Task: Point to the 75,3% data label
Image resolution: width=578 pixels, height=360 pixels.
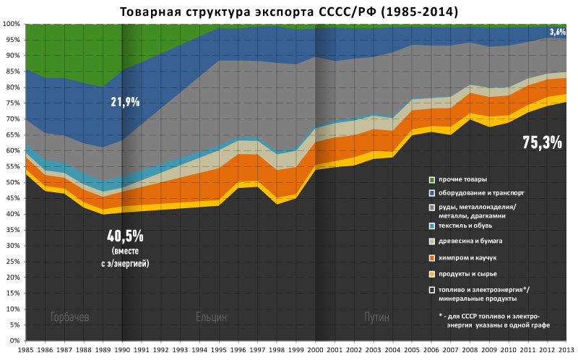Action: tap(542, 142)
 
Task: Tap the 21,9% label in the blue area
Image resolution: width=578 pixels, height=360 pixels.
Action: tap(125, 103)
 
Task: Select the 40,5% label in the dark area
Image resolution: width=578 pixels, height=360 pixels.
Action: tap(125, 236)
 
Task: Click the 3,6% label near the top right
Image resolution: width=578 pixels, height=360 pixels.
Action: tap(557, 32)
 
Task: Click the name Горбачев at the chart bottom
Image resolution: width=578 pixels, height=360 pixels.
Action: tap(71, 317)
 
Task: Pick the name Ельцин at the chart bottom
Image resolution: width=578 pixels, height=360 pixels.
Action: tap(212, 317)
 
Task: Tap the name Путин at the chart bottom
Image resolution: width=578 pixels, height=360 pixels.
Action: tap(376, 317)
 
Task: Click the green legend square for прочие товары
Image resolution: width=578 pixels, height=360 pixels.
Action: tap(431, 179)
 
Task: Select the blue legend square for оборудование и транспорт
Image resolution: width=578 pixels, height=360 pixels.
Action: tap(431, 194)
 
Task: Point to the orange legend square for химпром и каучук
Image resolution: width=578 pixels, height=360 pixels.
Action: tap(431, 257)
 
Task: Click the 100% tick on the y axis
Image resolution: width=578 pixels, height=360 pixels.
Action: tap(10, 24)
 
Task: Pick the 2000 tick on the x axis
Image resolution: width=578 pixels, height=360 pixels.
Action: tap(315, 349)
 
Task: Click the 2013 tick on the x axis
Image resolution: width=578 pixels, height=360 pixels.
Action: tap(567, 349)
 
